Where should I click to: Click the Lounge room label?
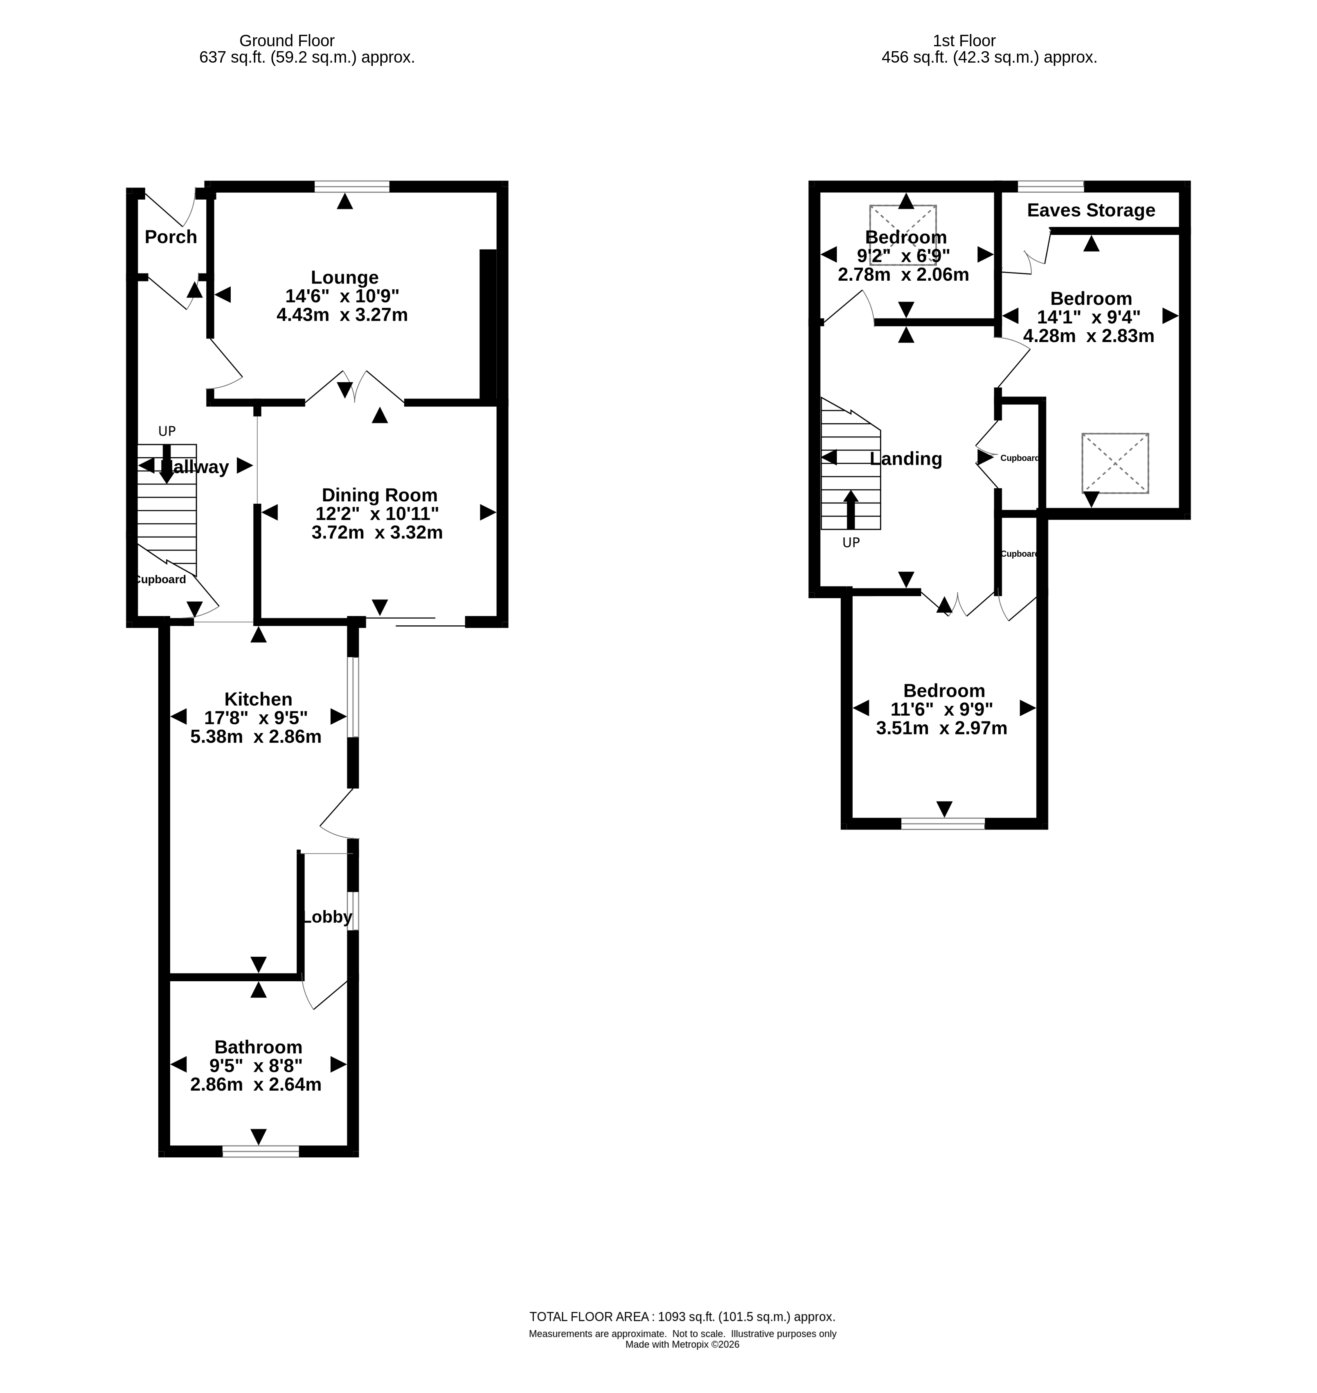[344, 277]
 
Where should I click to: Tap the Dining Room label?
[379, 495]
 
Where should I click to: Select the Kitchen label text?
[258, 699]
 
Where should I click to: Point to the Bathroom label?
[258, 1047]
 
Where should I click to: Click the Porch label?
[171, 237]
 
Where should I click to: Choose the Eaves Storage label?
[1091, 210]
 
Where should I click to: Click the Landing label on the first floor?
[905, 458]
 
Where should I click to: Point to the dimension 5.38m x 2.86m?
[256, 737]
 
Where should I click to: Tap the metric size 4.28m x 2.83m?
[1089, 336]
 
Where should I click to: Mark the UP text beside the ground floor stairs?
[167, 431]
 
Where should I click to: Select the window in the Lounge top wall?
[352, 186]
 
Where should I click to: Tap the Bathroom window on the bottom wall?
[261, 1151]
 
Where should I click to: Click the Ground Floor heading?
[287, 41]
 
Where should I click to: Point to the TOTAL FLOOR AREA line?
[682, 1317]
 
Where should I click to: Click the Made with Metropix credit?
[682, 1345]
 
